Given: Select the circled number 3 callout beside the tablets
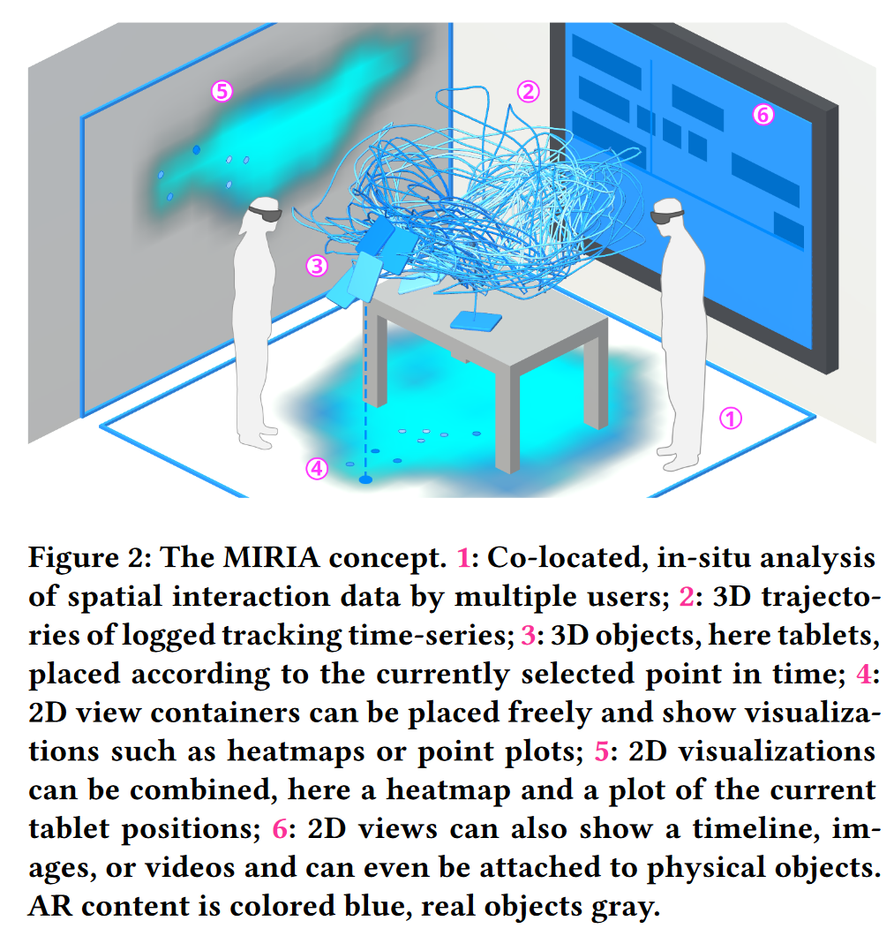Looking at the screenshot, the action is (316, 265).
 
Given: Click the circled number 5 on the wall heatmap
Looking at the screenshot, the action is (221, 90).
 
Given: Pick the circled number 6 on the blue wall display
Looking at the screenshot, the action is (763, 114).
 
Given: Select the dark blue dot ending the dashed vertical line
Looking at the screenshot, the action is (365, 479).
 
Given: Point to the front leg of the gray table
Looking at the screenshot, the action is (508, 424).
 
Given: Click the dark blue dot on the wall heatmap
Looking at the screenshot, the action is (196, 149).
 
